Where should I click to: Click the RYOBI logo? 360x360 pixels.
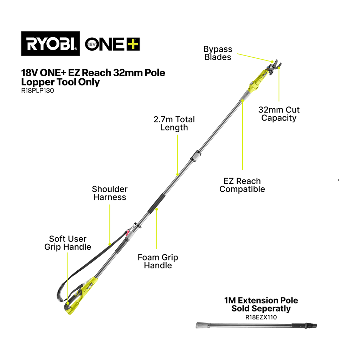click(51, 44)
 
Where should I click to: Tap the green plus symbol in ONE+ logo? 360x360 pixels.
click(133, 44)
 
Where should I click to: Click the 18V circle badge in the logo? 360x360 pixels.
click(91, 44)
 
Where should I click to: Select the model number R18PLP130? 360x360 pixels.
click(37, 91)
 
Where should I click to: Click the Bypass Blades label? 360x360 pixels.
click(218, 53)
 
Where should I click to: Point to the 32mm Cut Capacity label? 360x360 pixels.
click(279, 114)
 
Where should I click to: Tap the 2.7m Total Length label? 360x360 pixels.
click(174, 123)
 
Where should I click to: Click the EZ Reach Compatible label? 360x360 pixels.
click(242, 185)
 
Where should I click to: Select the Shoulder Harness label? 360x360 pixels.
click(110, 193)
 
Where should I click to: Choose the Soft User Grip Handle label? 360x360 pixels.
click(68, 243)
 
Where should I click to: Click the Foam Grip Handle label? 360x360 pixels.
click(158, 261)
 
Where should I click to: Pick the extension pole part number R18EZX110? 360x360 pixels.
click(261, 317)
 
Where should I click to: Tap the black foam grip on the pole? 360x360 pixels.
click(156, 204)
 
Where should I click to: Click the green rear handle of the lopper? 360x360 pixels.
click(79, 296)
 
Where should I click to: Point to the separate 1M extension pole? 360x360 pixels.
click(256, 325)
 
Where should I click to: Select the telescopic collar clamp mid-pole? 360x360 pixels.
click(195, 156)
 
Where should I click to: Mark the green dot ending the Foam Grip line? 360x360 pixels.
click(156, 210)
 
